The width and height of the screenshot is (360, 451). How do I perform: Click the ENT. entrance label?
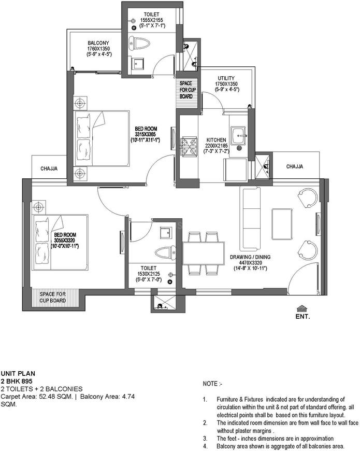[303, 315]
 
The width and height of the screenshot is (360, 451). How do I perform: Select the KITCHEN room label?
[216, 140]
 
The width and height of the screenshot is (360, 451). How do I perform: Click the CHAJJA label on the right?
[294, 166]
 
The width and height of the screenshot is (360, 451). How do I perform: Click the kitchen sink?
[240, 135]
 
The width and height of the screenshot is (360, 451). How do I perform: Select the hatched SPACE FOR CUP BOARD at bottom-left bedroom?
[53, 297]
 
